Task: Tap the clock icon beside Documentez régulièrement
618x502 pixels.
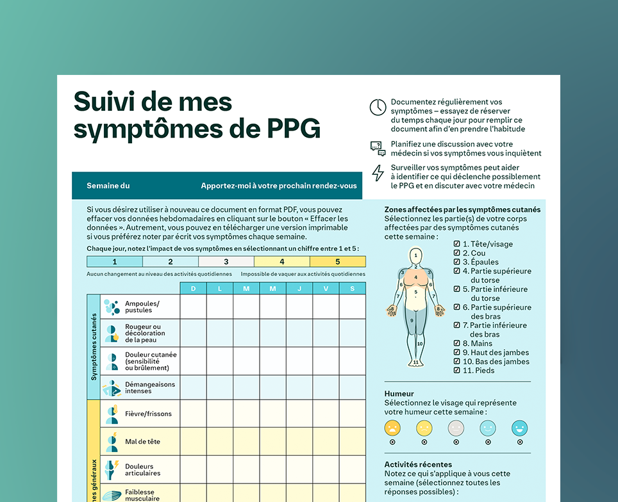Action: point(378,107)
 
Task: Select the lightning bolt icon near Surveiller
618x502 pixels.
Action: point(378,172)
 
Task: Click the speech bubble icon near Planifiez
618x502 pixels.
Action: point(378,149)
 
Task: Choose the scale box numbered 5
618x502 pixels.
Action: point(338,261)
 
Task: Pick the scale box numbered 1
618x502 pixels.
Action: point(115,261)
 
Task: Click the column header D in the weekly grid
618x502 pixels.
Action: point(193,289)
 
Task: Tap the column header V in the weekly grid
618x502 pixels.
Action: point(326,289)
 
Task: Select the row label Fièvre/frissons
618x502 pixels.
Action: point(148,414)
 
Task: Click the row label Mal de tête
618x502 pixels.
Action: point(142,442)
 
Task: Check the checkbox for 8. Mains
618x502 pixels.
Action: point(457,343)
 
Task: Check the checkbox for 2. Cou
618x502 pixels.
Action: point(457,253)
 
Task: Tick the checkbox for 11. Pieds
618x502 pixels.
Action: point(457,370)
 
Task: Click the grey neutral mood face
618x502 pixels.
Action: point(456,428)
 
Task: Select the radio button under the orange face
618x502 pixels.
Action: point(392,442)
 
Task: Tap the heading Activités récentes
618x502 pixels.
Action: point(418,464)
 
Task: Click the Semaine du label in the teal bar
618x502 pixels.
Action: point(108,186)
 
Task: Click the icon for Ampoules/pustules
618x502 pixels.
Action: point(112,307)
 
